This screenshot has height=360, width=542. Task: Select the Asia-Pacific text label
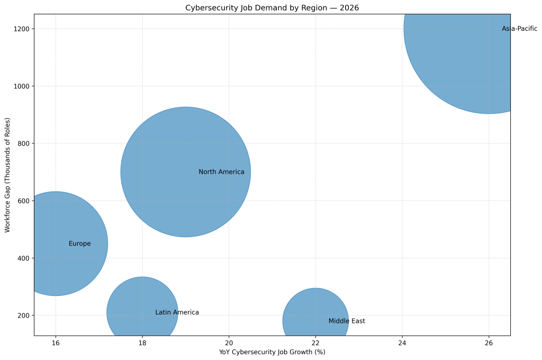point(519,29)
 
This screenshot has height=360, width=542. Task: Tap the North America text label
point(221,172)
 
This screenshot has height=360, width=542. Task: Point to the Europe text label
point(79,244)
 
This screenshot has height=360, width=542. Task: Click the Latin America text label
point(177,313)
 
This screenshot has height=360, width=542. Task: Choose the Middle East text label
point(346,321)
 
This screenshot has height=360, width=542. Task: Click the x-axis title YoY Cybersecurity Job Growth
point(272,352)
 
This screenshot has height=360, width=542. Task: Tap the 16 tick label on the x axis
point(56,343)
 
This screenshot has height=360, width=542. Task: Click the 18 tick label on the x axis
point(142,343)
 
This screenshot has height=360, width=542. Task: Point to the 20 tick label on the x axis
point(229,343)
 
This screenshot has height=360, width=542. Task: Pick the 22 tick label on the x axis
point(315,343)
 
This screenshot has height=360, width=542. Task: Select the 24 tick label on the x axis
point(402,343)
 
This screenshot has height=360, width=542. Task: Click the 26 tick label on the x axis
point(489,343)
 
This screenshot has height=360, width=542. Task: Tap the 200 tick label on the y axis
point(23,316)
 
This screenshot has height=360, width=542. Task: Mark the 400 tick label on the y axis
point(23,258)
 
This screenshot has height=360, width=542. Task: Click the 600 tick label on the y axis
point(23,201)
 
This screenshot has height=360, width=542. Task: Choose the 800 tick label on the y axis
point(23,143)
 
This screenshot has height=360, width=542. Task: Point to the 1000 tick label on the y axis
point(22,86)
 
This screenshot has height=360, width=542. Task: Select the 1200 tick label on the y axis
point(22,29)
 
